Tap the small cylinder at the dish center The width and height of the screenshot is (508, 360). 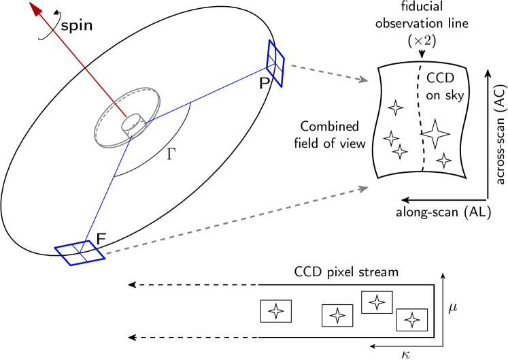[x=133, y=123]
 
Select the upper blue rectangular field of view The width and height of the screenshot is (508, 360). [x=275, y=64]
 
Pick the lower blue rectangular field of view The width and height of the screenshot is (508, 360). [x=80, y=252]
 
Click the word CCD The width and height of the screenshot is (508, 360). [x=440, y=78]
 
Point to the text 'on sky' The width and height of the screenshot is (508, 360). [x=445, y=96]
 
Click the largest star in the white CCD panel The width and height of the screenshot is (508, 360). [x=435, y=134]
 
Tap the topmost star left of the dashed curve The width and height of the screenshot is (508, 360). [x=395, y=108]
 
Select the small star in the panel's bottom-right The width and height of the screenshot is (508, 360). [x=444, y=161]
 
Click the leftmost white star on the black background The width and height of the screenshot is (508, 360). [x=275, y=311]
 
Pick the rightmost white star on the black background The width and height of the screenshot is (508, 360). [x=411, y=320]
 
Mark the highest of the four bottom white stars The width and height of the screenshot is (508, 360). [x=377, y=302]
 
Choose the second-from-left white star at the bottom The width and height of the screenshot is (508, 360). [x=337, y=315]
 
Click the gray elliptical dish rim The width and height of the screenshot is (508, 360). [x=155, y=95]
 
